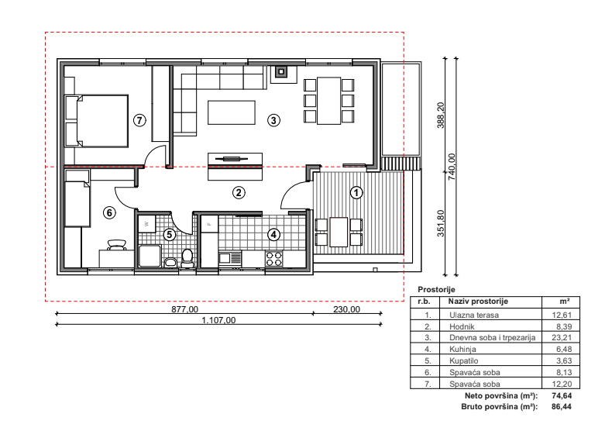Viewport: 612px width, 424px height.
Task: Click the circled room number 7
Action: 139,120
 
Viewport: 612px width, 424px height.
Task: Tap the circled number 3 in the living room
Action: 273,120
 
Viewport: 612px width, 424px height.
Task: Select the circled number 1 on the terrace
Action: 356,192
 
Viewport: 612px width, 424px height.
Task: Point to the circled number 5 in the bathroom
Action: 169,235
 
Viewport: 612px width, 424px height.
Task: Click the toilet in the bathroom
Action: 187,258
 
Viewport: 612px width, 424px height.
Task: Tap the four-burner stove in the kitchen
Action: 273,258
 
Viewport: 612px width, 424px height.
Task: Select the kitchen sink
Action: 230,258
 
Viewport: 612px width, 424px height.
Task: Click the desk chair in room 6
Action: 117,245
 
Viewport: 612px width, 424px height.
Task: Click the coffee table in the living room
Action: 232,112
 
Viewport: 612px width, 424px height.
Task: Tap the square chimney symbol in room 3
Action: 281,72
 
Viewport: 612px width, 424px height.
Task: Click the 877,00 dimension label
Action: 184,309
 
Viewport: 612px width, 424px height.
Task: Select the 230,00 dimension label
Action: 346,309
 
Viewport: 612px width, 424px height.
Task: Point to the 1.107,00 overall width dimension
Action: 218,320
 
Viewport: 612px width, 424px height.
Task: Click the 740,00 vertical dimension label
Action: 452,167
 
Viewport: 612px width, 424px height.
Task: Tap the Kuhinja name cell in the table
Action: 462,349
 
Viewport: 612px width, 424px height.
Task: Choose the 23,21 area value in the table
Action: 562,337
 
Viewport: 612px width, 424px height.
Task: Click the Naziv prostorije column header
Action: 478,301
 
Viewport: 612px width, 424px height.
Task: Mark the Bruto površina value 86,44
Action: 562,406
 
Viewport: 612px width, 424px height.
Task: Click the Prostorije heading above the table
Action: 436,290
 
